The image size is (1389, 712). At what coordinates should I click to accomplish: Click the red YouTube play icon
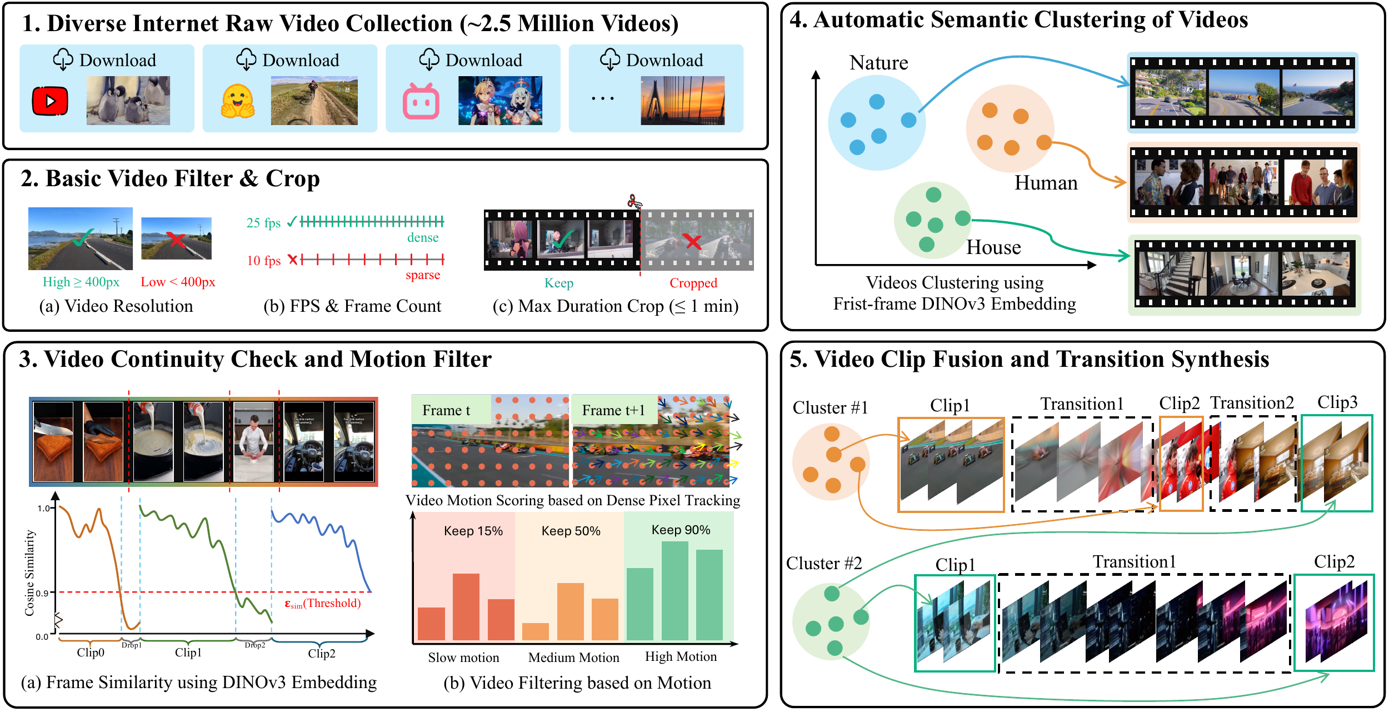pos(50,101)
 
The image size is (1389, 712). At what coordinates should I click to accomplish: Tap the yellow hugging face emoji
pos(238,101)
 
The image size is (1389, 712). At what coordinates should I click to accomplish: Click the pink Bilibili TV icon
pos(421,102)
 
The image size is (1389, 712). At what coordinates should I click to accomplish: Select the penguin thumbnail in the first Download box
pos(128,100)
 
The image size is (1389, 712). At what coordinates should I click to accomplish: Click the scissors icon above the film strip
pos(634,201)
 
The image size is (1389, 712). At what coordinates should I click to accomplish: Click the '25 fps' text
pos(263,223)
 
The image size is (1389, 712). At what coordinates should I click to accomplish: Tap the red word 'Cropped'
pos(693,283)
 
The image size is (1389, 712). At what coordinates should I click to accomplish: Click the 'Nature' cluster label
pos(878,63)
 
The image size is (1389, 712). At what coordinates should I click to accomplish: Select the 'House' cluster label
pos(993,247)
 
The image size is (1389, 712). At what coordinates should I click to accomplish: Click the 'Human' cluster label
pos(1046,183)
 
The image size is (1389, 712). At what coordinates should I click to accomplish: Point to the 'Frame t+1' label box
pos(613,410)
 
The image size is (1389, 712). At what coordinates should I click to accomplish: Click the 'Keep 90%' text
pos(681,530)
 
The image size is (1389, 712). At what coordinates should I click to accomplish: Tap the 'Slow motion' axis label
pos(463,658)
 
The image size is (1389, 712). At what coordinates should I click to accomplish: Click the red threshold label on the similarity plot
pos(323,604)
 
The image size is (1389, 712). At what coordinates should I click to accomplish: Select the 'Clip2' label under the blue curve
pos(322,653)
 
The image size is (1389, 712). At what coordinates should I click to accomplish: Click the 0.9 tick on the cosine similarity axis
pos(43,593)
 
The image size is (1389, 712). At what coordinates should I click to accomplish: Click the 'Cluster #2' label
pos(824,564)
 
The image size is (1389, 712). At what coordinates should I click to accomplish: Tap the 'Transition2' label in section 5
pos(1252,402)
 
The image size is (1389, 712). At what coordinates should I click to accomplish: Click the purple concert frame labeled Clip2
pos(1334,623)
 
